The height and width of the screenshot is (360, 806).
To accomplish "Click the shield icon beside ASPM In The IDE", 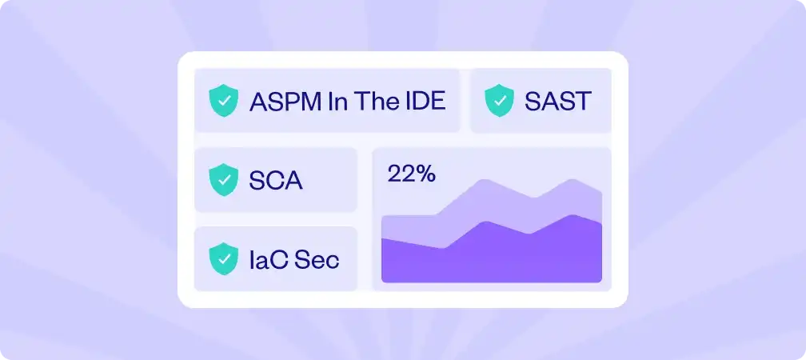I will [223, 102].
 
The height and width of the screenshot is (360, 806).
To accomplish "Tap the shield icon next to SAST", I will [500, 102].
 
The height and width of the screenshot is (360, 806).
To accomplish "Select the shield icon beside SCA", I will [223, 180].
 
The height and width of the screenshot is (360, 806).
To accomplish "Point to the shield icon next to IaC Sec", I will [223, 258].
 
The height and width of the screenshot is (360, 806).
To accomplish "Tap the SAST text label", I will [557, 102].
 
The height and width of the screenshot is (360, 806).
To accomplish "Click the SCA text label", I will [276, 181].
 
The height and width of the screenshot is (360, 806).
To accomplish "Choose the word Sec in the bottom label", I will [317, 259].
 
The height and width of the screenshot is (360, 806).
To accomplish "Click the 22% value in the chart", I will [411, 174].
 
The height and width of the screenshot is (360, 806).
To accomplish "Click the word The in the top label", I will [374, 102].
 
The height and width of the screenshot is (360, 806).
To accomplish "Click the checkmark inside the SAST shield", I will [500, 102].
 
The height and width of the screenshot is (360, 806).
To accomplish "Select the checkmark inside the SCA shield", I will [223, 181].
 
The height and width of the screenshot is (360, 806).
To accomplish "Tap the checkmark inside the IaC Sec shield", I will [223, 259].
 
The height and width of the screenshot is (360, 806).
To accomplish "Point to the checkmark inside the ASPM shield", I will [223, 102].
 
